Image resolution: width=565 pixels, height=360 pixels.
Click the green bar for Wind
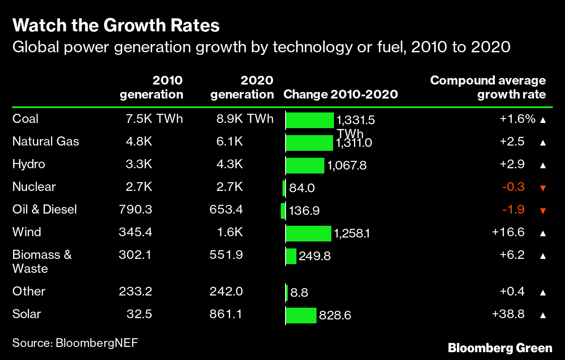308,234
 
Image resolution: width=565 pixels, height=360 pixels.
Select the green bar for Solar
301,315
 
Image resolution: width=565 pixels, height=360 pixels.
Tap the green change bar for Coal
310,120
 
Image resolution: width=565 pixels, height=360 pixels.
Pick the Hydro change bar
305,166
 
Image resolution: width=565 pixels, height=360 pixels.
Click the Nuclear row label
34,187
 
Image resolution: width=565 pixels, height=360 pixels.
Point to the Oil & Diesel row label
44,210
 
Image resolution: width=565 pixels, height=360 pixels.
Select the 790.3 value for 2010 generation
135,210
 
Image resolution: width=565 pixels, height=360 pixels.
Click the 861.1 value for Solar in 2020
226,314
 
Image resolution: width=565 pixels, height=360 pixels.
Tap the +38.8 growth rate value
508,314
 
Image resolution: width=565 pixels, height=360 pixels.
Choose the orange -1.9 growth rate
514,210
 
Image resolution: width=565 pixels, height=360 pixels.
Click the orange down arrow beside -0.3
543,188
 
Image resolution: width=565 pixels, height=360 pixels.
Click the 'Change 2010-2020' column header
340,94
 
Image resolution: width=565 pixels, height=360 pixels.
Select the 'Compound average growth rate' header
488,87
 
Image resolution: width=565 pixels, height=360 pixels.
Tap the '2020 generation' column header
242,87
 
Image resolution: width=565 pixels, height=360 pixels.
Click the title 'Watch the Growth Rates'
116,26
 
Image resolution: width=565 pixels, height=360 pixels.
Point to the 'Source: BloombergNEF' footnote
75,343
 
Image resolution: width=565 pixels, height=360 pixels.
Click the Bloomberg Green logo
500,348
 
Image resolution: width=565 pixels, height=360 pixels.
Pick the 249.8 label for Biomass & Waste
315,256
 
